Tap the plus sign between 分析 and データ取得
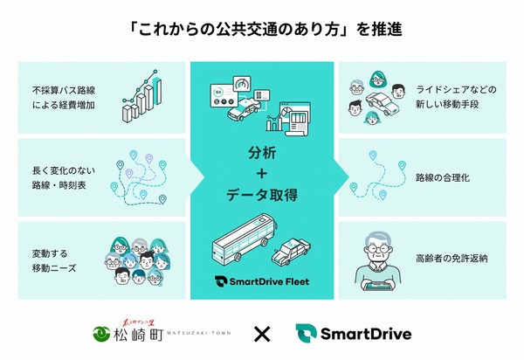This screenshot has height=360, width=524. [262, 173]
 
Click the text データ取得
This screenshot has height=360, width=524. [262, 194]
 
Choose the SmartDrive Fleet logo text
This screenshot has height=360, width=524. [262, 282]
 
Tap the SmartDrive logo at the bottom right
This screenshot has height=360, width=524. [353, 333]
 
